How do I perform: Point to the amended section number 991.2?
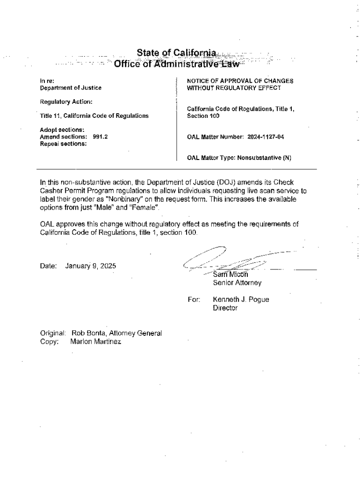tap(101, 137)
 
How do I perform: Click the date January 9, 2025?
tap(91, 266)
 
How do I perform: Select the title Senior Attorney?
tap(237, 283)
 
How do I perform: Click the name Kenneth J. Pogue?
tap(241, 300)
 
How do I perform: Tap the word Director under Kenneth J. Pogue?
tap(225, 308)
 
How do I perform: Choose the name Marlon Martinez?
tap(96, 342)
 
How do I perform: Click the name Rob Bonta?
tap(89, 334)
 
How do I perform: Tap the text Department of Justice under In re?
tap(70, 87)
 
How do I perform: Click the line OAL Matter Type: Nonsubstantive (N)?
tap(239, 158)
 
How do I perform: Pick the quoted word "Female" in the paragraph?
tap(145, 207)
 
